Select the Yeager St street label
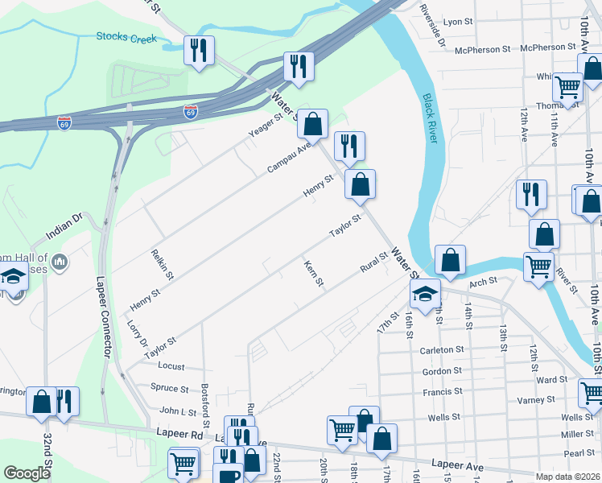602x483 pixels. [x=266, y=125]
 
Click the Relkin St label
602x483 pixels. [x=163, y=264]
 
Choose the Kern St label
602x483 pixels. [x=313, y=273]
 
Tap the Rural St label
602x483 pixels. [x=374, y=262]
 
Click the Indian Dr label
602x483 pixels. [x=64, y=225]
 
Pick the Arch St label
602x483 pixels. [x=483, y=282]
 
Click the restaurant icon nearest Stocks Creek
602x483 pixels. [x=197, y=51]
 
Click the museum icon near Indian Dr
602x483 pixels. [x=59, y=261]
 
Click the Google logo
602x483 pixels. [x=27, y=473]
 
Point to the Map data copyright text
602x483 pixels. [x=568, y=477]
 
